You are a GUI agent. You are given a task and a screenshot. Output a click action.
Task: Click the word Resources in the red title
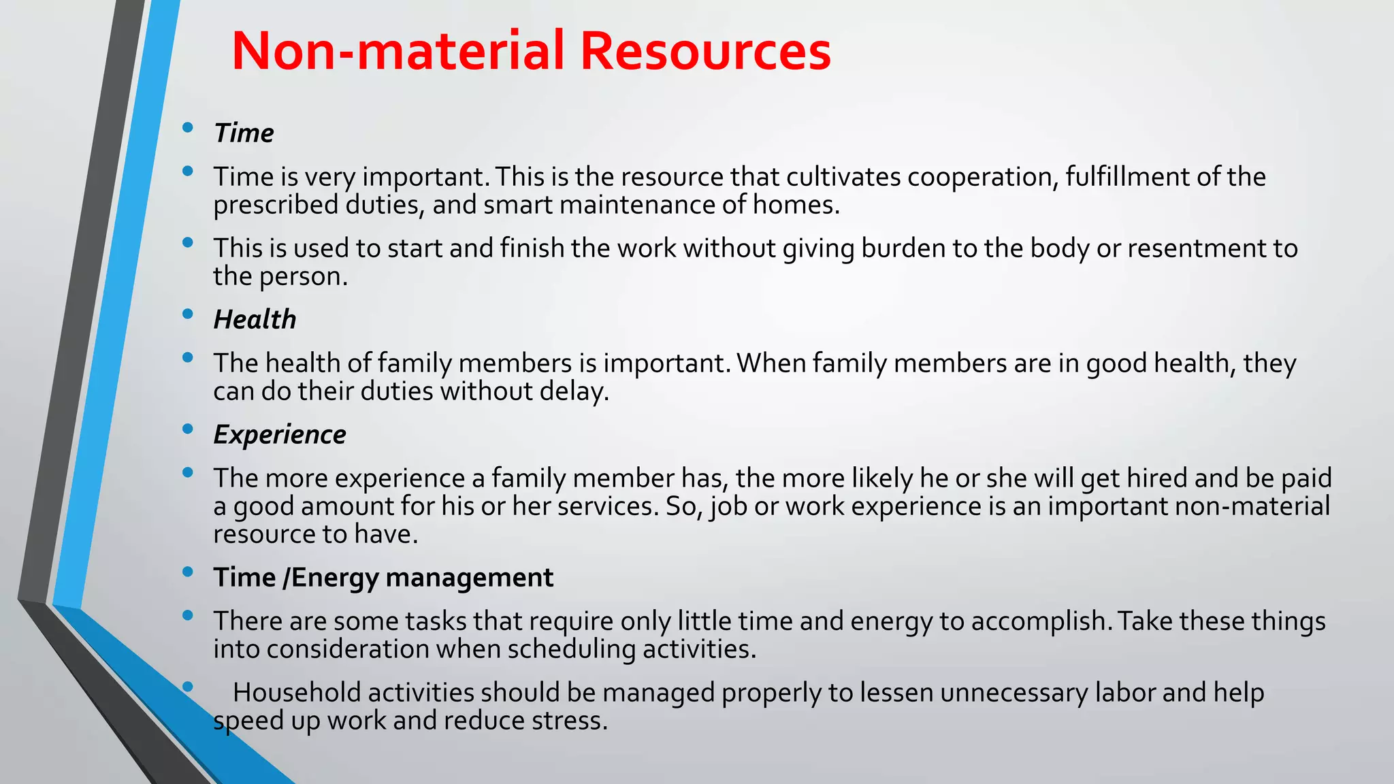(705, 51)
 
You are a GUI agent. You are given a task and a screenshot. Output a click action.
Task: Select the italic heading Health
(255, 320)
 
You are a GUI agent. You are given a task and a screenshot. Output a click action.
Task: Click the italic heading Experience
(280, 435)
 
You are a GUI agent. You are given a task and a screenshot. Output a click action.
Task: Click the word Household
(297, 693)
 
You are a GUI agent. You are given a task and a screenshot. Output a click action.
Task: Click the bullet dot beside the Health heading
(188, 314)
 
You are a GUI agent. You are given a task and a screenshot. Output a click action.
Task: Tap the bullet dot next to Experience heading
(188, 429)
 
